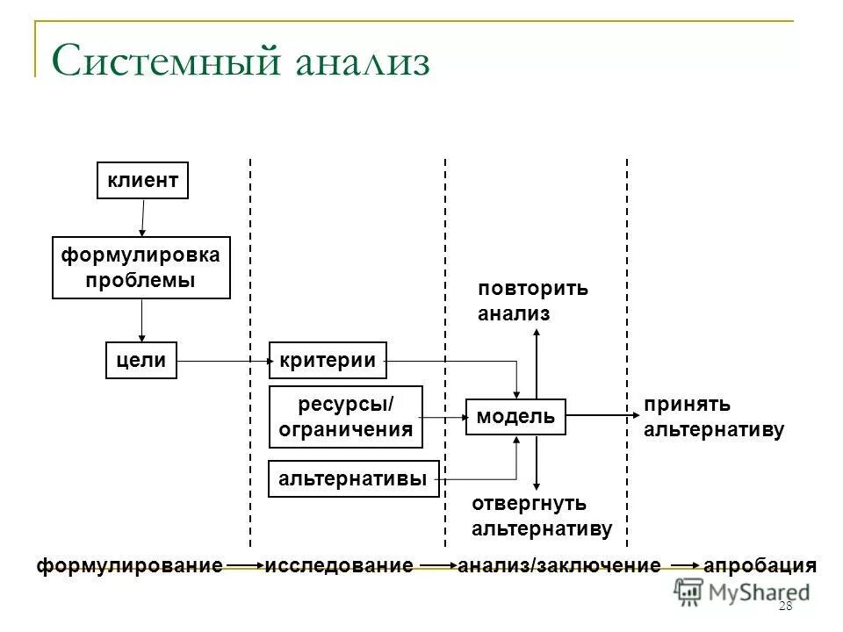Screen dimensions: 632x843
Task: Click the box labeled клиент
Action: click(142, 181)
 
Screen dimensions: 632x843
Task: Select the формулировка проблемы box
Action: click(141, 268)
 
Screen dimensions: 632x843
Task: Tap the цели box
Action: click(141, 360)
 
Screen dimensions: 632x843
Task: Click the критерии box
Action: click(328, 360)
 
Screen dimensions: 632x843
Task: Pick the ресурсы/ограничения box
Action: click(345, 417)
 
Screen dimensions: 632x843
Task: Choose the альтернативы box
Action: click(353, 478)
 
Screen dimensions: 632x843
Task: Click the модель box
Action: click(515, 416)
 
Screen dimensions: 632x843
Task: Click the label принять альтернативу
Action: click(713, 417)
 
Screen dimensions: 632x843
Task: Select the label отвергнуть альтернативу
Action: click(542, 516)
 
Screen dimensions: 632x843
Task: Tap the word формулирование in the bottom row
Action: click(130, 566)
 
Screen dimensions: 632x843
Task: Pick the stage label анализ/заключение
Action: click(559, 566)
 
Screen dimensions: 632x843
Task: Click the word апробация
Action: click(760, 566)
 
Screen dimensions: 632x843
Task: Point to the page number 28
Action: click(785, 608)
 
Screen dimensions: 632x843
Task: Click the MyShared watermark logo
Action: click(743, 592)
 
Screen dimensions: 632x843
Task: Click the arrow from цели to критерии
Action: click(223, 360)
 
